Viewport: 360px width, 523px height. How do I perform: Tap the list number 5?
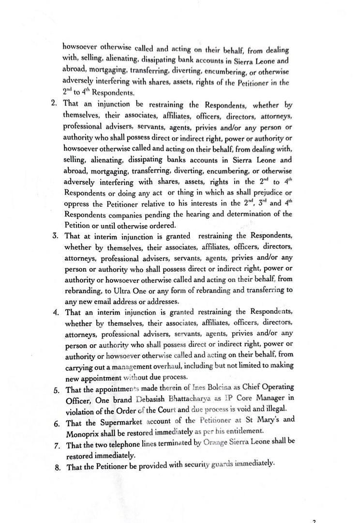[x=57, y=390]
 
